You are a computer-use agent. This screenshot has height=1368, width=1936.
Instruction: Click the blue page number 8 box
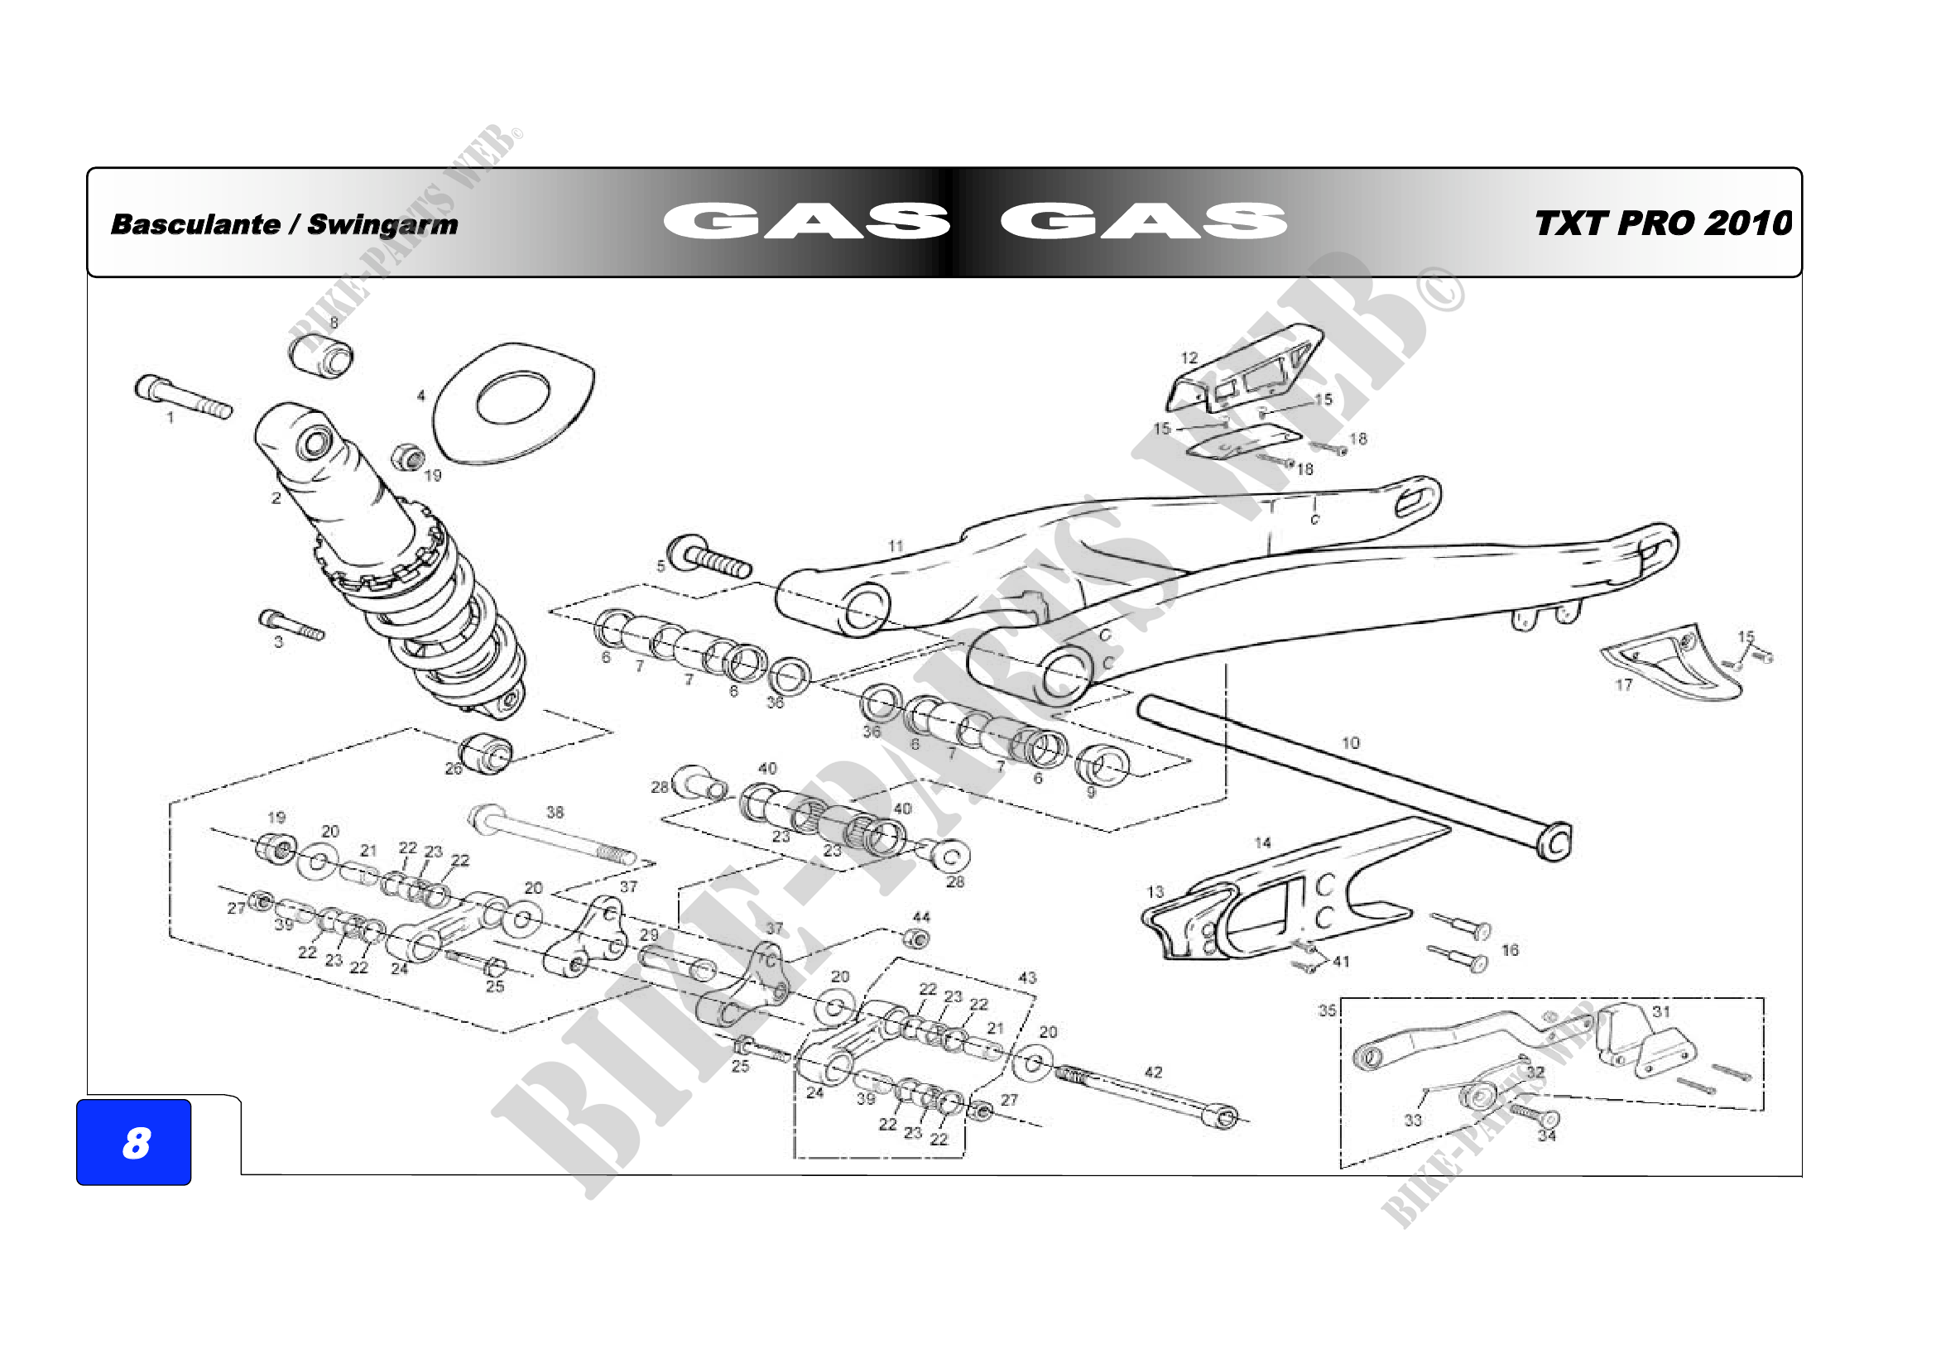pyautogui.click(x=134, y=1143)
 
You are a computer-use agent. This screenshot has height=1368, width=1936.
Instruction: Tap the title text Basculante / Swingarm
pyautogui.click(x=284, y=224)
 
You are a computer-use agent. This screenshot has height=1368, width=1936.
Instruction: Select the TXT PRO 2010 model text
pyautogui.click(x=1663, y=223)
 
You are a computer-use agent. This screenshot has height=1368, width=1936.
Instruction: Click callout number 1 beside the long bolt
pyautogui.click(x=171, y=417)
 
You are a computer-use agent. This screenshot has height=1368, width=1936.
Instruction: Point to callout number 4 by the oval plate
pyautogui.click(x=421, y=396)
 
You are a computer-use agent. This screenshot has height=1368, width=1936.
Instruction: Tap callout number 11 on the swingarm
pyautogui.click(x=896, y=546)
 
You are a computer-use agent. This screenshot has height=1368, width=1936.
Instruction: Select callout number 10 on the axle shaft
pyautogui.click(x=1351, y=742)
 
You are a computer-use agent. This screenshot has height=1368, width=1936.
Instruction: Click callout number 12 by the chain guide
pyautogui.click(x=1189, y=358)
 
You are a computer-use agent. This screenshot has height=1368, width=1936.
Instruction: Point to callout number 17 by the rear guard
pyautogui.click(x=1624, y=684)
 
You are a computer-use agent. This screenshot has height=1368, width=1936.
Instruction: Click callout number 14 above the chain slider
pyautogui.click(x=1262, y=842)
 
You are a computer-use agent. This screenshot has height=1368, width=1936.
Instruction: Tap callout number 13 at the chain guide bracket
pyautogui.click(x=1155, y=892)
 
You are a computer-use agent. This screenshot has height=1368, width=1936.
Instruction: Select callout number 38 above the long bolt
pyautogui.click(x=555, y=813)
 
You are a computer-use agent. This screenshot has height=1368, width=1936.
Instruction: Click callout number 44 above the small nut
pyautogui.click(x=921, y=917)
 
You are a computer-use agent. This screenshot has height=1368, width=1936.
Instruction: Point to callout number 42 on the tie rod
pyautogui.click(x=1154, y=1073)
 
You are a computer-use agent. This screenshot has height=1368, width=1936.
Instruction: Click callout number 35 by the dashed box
pyautogui.click(x=1327, y=1010)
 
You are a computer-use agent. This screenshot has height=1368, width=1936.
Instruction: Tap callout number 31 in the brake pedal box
pyautogui.click(x=1661, y=1011)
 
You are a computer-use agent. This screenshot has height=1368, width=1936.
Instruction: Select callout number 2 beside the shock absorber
pyautogui.click(x=276, y=498)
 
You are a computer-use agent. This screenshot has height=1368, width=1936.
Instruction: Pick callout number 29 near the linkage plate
pyautogui.click(x=648, y=934)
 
